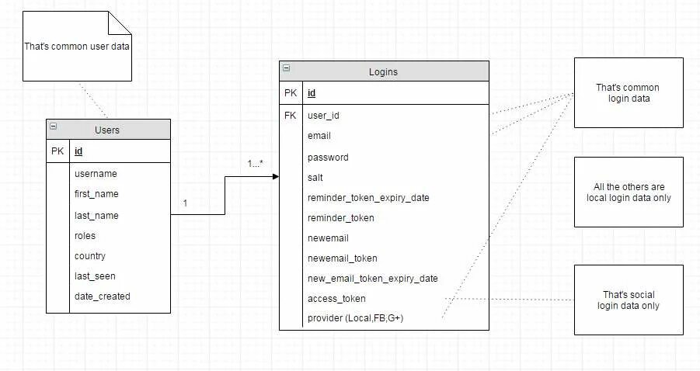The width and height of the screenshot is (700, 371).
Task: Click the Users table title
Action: tap(107, 130)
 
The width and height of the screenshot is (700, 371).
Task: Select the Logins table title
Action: tap(383, 72)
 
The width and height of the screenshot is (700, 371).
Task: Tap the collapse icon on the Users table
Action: tap(53, 126)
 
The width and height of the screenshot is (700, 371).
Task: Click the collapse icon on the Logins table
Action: tap(287, 68)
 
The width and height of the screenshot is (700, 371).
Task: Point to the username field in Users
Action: tap(96, 174)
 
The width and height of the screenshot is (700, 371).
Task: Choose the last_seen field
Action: tap(95, 276)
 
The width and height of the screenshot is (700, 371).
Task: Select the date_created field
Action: tap(103, 296)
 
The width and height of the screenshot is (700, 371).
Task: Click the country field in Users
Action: tap(90, 255)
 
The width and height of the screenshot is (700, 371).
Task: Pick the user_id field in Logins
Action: tap(324, 116)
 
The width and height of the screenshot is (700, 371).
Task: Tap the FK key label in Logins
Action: tap(291, 116)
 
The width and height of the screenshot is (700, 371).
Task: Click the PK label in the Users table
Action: tap(57, 151)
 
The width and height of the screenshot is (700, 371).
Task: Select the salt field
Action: tap(315, 177)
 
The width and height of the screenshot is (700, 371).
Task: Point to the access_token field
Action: tap(336, 298)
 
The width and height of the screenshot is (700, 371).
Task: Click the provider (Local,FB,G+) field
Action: tap(355, 318)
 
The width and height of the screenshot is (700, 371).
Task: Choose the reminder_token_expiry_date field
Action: tap(368, 197)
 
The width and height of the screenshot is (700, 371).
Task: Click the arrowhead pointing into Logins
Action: tap(275, 177)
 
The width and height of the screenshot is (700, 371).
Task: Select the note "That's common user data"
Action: tap(77, 47)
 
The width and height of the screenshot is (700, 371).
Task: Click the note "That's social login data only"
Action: tap(629, 300)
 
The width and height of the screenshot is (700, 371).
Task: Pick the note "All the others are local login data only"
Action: tap(629, 192)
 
